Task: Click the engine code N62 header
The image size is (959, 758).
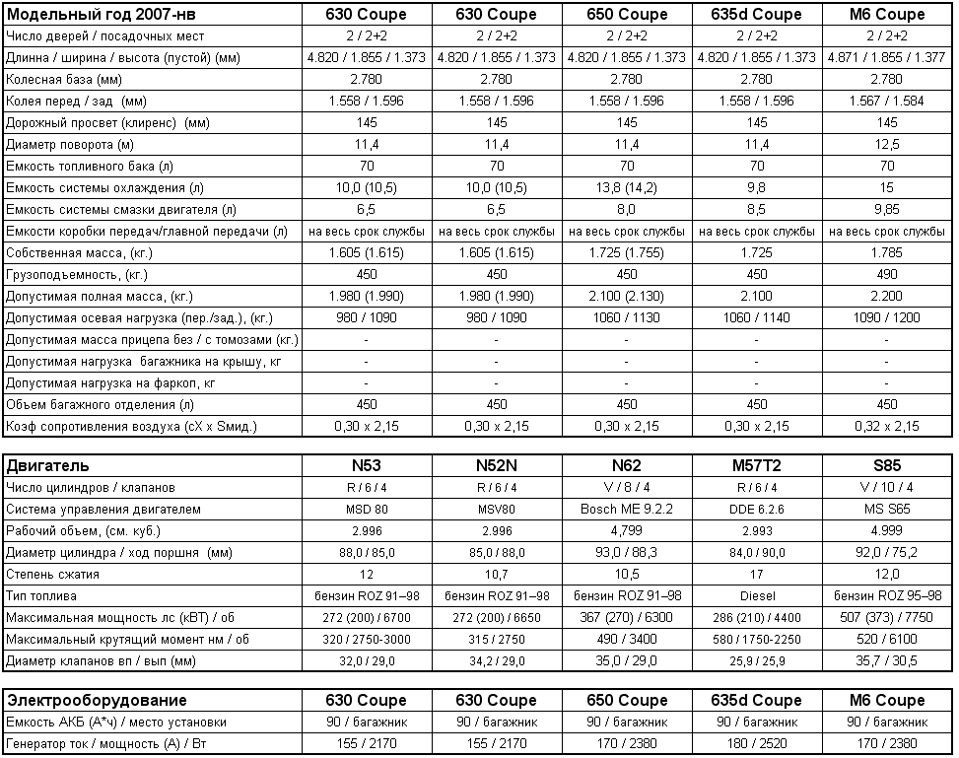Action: (x=626, y=465)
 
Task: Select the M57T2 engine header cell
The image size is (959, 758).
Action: (x=756, y=465)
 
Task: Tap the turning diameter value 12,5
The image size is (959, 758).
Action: (x=886, y=144)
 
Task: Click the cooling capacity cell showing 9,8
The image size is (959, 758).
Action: (x=756, y=187)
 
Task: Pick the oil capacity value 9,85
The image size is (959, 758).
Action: (x=886, y=209)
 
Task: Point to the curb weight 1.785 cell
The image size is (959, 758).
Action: (x=886, y=252)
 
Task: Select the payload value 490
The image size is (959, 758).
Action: (x=886, y=274)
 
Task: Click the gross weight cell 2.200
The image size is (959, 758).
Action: (x=886, y=296)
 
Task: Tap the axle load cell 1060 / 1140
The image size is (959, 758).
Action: (x=756, y=317)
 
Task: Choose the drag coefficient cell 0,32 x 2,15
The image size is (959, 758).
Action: (x=886, y=426)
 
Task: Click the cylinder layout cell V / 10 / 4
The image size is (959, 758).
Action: (x=886, y=487)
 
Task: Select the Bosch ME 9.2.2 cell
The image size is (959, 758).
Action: (x=626, y=509)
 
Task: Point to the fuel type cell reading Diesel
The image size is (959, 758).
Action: (x=756, y=595)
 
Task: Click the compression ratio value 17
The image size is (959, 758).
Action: (x=756, y=574)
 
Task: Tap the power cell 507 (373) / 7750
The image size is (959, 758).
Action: (x=886, y=617)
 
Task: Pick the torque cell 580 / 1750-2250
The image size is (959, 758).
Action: (x=756, y=639)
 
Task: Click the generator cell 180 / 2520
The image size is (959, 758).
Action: (x=756, y=743)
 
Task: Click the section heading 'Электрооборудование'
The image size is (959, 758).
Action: (x=97, y=700)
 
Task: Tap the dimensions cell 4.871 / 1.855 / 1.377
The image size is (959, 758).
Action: (x=886, y=57)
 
